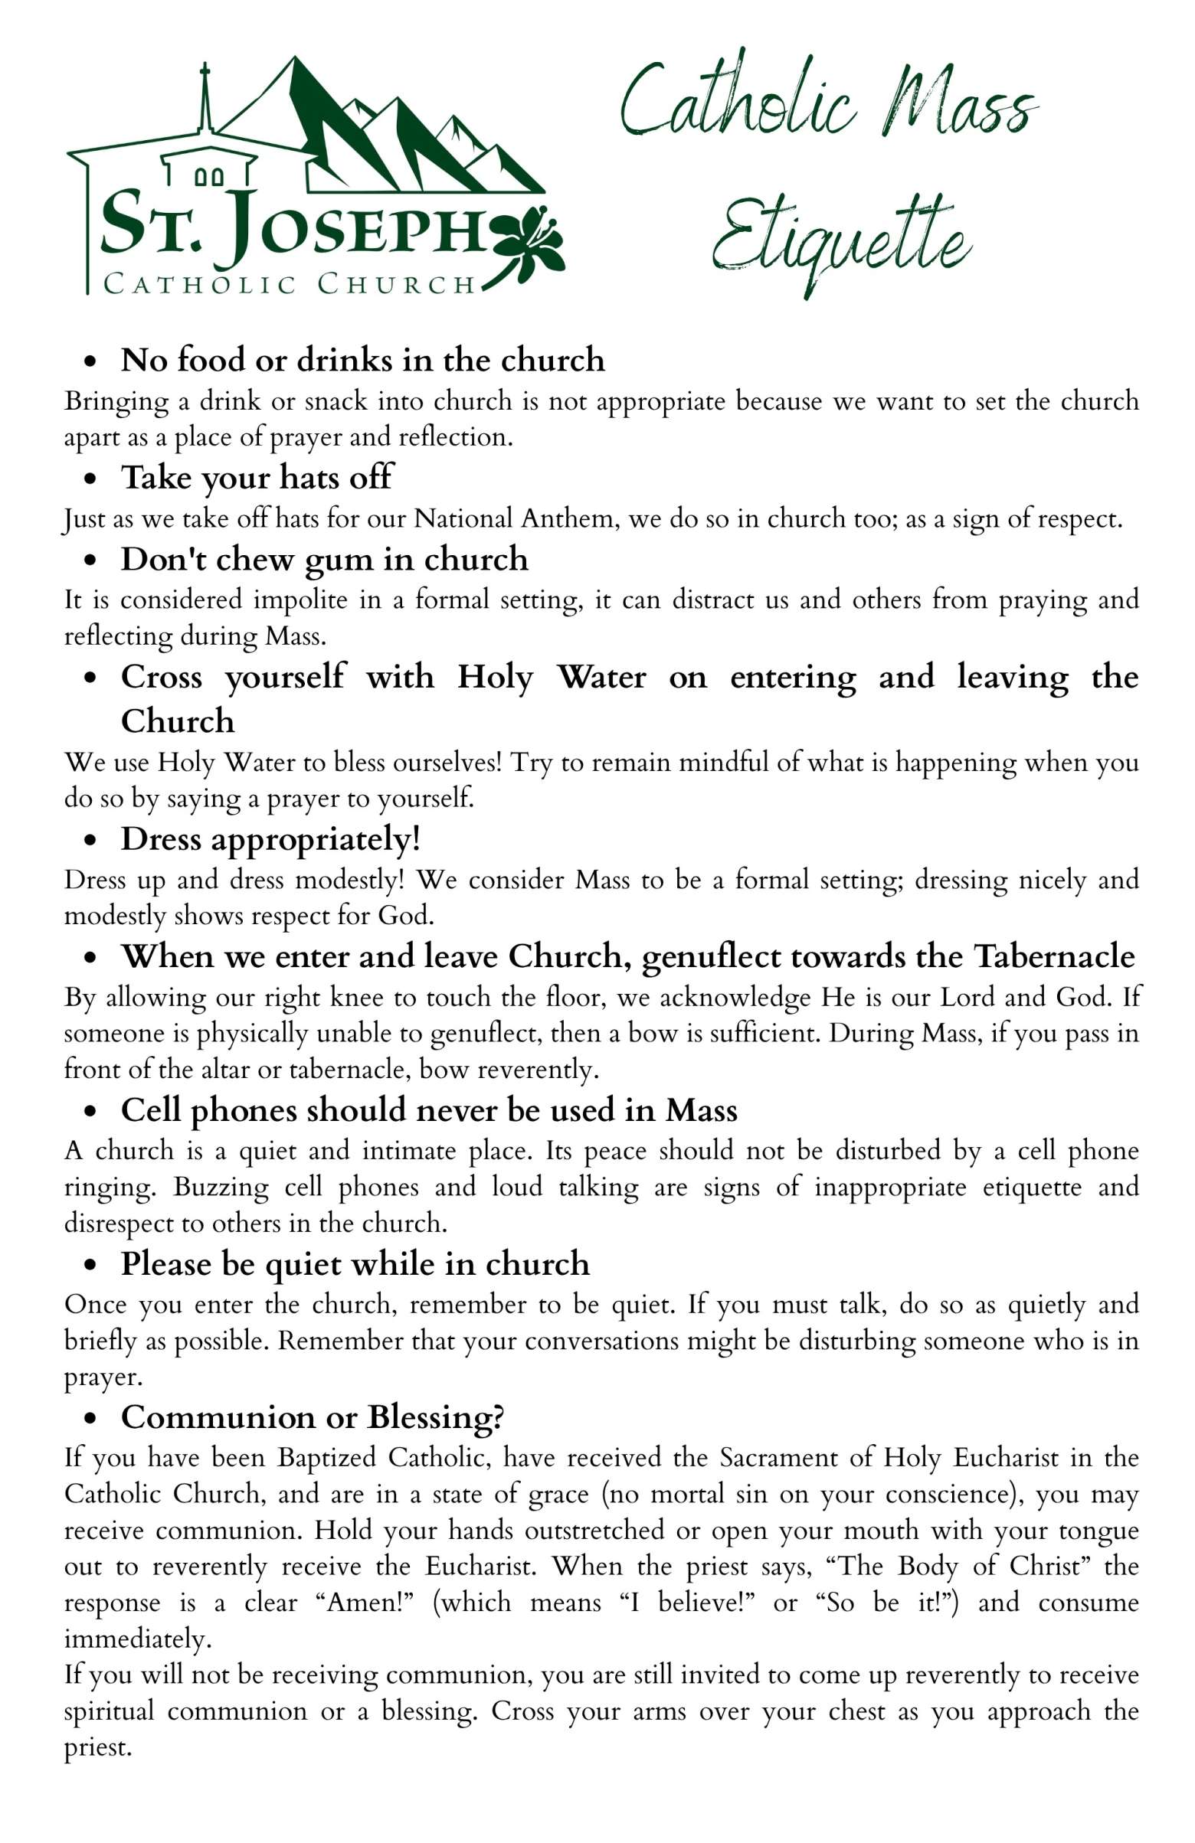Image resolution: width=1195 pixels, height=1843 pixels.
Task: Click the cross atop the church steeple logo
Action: [205, 78]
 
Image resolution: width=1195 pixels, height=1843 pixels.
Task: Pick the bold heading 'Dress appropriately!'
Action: [270, 839]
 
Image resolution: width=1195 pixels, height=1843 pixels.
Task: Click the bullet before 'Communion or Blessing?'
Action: [93, 1419]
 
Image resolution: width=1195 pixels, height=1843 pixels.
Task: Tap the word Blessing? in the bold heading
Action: [435, 1417]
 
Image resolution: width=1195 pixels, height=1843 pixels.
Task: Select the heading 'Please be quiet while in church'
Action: [355, 1264]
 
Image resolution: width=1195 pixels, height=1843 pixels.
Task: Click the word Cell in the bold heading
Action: [151, 1110]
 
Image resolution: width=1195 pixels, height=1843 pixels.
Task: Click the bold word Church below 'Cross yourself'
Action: [178, 721]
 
